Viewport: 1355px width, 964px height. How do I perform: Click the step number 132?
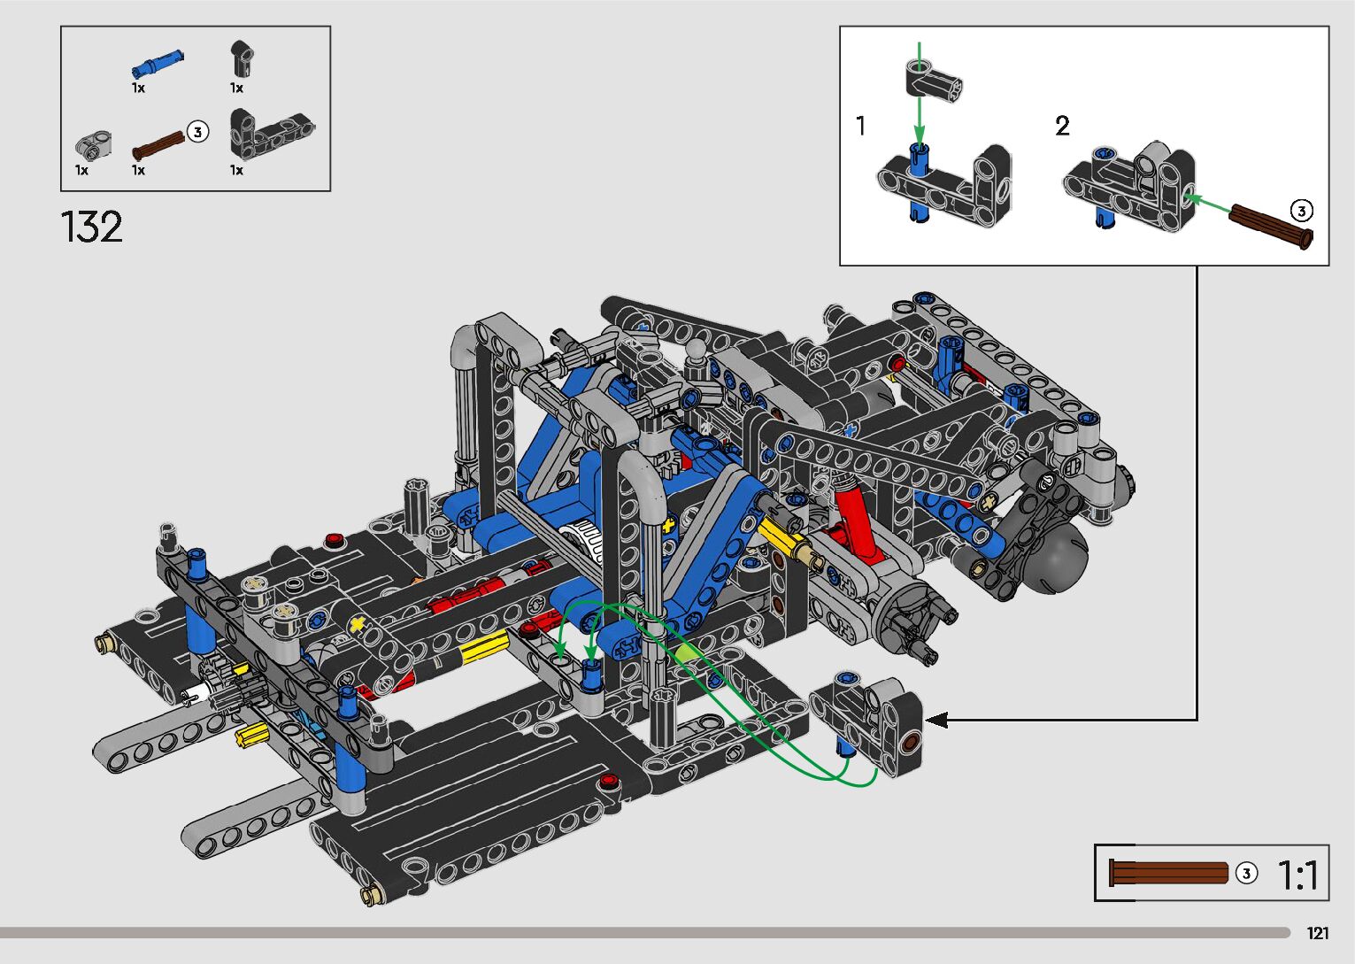coord(91,227)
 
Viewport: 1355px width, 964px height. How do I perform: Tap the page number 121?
coord(1318,932)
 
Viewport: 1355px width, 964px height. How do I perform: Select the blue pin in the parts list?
coord(158,64)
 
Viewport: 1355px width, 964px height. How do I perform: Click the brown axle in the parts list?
coord(159,145)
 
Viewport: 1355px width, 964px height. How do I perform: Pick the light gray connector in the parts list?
coord(93,146)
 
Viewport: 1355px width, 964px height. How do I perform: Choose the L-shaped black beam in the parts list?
coord(271,135)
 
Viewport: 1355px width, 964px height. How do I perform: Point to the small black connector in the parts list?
coord(242,58)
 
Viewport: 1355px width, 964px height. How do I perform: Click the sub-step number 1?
coord(861,126)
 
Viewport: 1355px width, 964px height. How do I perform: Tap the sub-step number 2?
coord(1062,126)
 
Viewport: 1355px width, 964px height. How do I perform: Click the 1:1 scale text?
coord(1297,875)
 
